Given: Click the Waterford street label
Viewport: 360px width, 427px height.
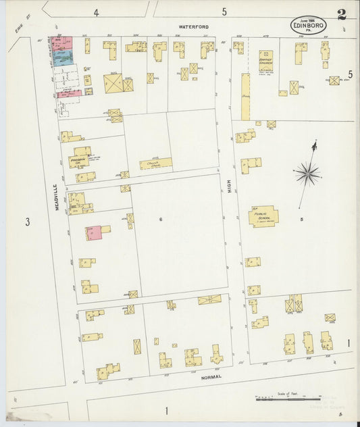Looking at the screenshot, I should (x=194, y=26).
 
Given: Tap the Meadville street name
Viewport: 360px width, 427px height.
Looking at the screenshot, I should (x=59, y=199).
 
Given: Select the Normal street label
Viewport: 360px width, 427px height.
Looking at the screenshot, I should (x=211, y=378).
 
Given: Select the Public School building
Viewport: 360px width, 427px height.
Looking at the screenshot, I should (x=264, y=216).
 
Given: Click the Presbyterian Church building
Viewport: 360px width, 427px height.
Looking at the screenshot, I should (x=81, y=158).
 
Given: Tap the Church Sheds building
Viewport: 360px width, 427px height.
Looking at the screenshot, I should (x=155, y=164).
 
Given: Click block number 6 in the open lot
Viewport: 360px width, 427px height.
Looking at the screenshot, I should (x=161, y=220).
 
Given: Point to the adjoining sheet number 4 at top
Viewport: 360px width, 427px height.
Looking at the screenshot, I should (x=96, y=12).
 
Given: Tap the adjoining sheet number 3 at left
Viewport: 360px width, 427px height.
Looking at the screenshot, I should (x=27, y=222).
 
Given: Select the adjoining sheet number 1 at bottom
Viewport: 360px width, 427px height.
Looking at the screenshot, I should (x=165, y=411).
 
